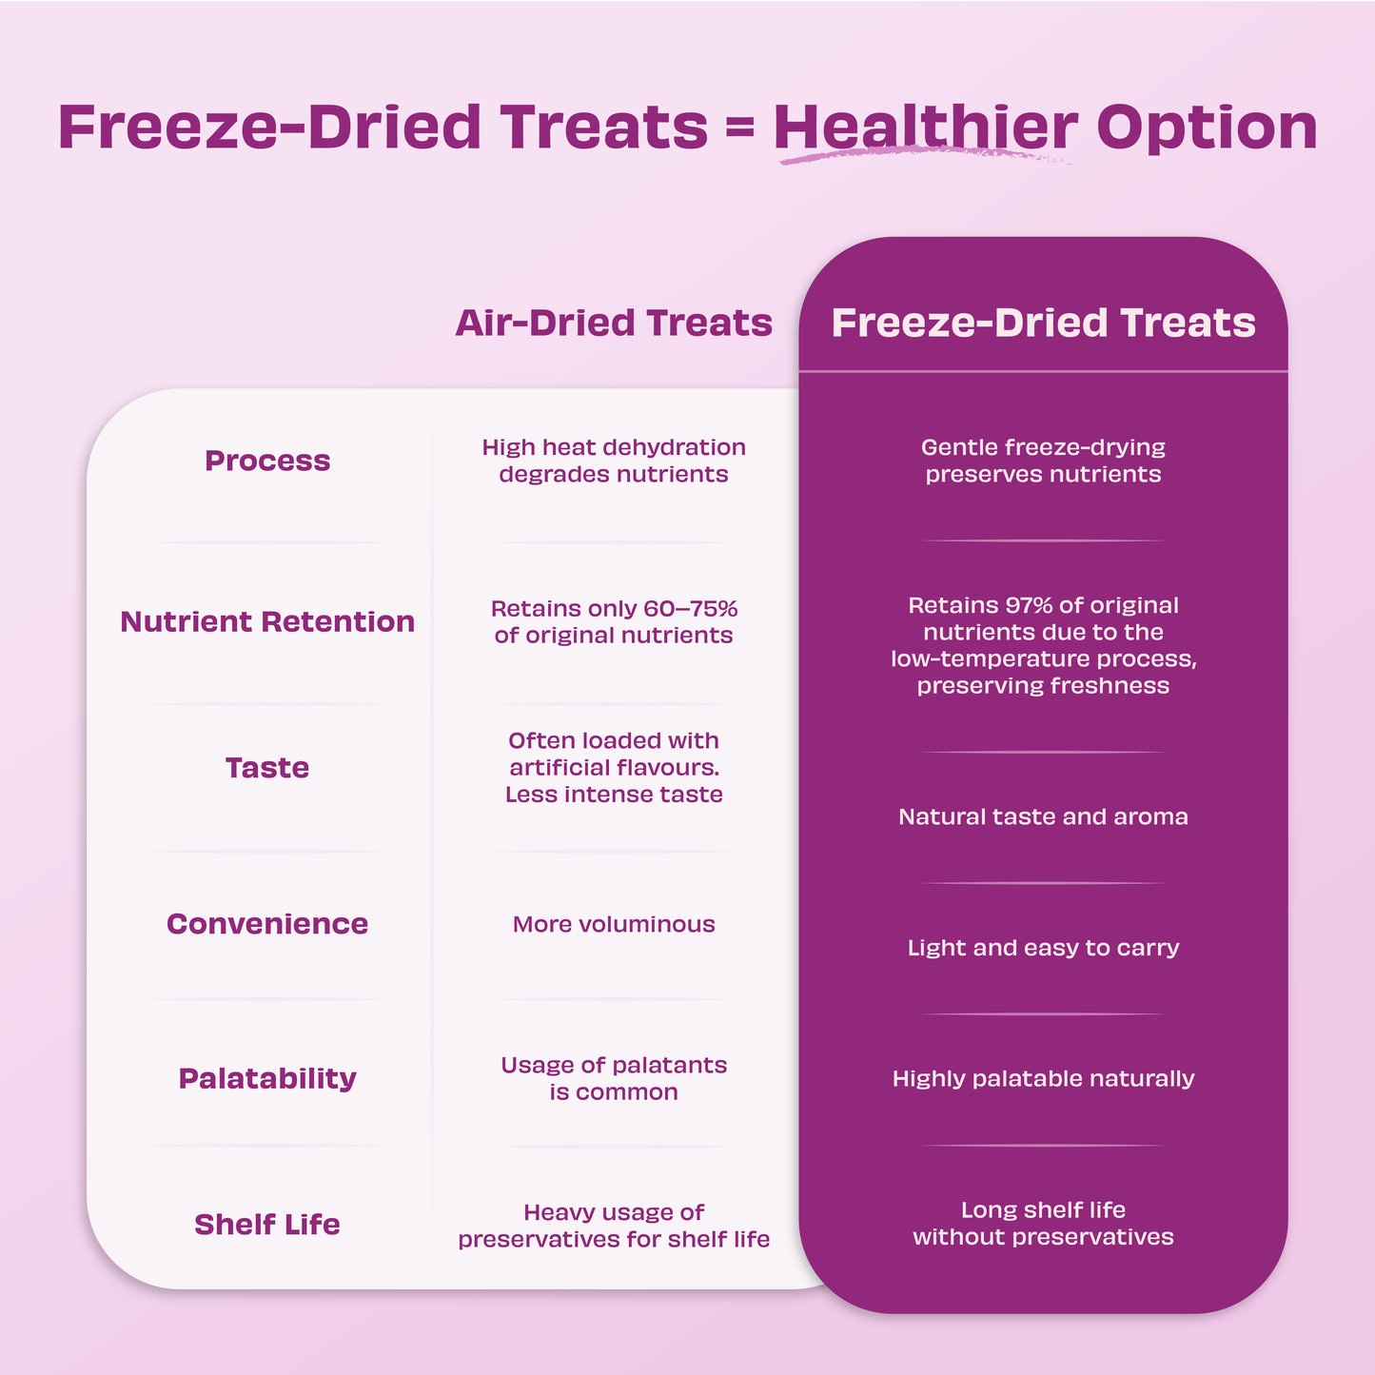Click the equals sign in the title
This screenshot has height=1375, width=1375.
click(x=740, y=128)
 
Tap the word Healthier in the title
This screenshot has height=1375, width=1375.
click(x=926, y=127)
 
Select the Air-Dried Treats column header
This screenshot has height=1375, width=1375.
click(x=614, y=323)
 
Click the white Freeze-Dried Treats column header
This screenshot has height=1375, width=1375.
click(x=1043, y=323)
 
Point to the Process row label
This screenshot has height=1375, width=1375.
click(x=267, y=461)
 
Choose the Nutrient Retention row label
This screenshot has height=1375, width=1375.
click(x=267, y=621)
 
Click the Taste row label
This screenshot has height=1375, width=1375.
click(x=267, y=768)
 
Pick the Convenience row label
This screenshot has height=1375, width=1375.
click(x=267, y=924)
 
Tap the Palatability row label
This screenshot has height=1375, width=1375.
click(x=267, y=1078)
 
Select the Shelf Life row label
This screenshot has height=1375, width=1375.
click(x=267, y=1225)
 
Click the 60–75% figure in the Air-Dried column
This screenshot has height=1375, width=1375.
click(x=690, y=609)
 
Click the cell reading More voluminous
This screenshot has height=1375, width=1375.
click(x=614, y=924)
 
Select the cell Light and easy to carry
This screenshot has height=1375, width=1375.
click(x=1043, y=948)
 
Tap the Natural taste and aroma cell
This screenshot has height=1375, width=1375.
click(x=1043, y=816)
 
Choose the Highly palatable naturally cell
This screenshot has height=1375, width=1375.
click(x=1043, y=1078)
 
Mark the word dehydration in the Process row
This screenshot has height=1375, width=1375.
click(x=678, y=447)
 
